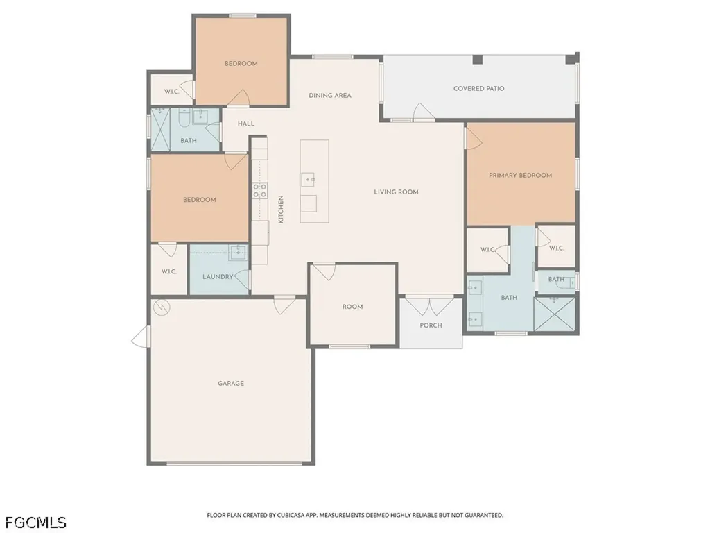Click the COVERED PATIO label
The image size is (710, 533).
478,88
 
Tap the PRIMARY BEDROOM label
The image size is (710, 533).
520,175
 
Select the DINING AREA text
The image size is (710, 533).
330,95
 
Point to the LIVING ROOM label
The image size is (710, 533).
396,192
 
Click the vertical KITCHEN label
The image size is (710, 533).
281,210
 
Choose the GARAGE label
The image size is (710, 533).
231,383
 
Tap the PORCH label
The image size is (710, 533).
431,325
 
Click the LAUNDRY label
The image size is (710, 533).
218,276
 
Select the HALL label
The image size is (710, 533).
246,124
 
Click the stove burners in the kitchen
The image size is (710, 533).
259,190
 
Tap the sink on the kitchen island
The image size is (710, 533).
308,180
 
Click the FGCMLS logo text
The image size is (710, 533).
36,523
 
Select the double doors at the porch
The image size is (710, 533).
429,306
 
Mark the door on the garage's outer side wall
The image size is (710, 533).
141,337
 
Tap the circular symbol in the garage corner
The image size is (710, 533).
161,307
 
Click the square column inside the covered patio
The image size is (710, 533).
477,60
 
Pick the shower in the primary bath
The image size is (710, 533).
555,314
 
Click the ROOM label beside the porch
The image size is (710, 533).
353,307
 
